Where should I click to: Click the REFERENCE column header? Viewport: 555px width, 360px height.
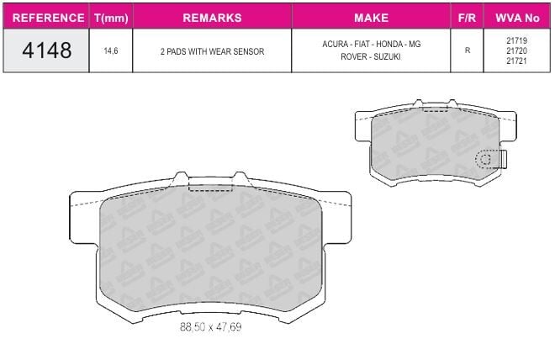point(48,18)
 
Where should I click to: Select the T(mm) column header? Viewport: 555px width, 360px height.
point(111,18)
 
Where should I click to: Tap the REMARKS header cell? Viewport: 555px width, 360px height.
point(212,18)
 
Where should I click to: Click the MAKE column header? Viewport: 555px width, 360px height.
point(372,18)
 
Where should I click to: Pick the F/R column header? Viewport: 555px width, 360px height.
point(467,18)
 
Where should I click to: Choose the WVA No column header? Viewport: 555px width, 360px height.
point(517,18)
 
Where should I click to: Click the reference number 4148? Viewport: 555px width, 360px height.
point(47,50)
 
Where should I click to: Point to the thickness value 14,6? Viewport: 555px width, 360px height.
point(111,51)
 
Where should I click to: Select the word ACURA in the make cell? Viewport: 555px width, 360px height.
point(335,45)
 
